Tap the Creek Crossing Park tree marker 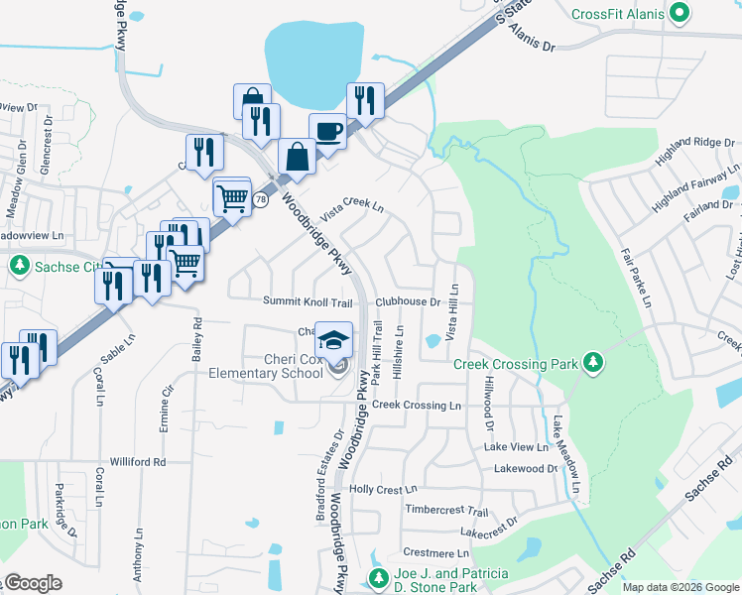click(592, 362)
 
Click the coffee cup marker click(327, 131)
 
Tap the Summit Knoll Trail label click(308, 301)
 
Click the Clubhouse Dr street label click(407, 301)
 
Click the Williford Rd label click(138, 461)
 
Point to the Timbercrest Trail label click(447, 511)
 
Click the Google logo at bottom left click(33, 583)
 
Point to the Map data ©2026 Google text click(680, 587)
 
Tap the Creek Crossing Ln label click(417, 405)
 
